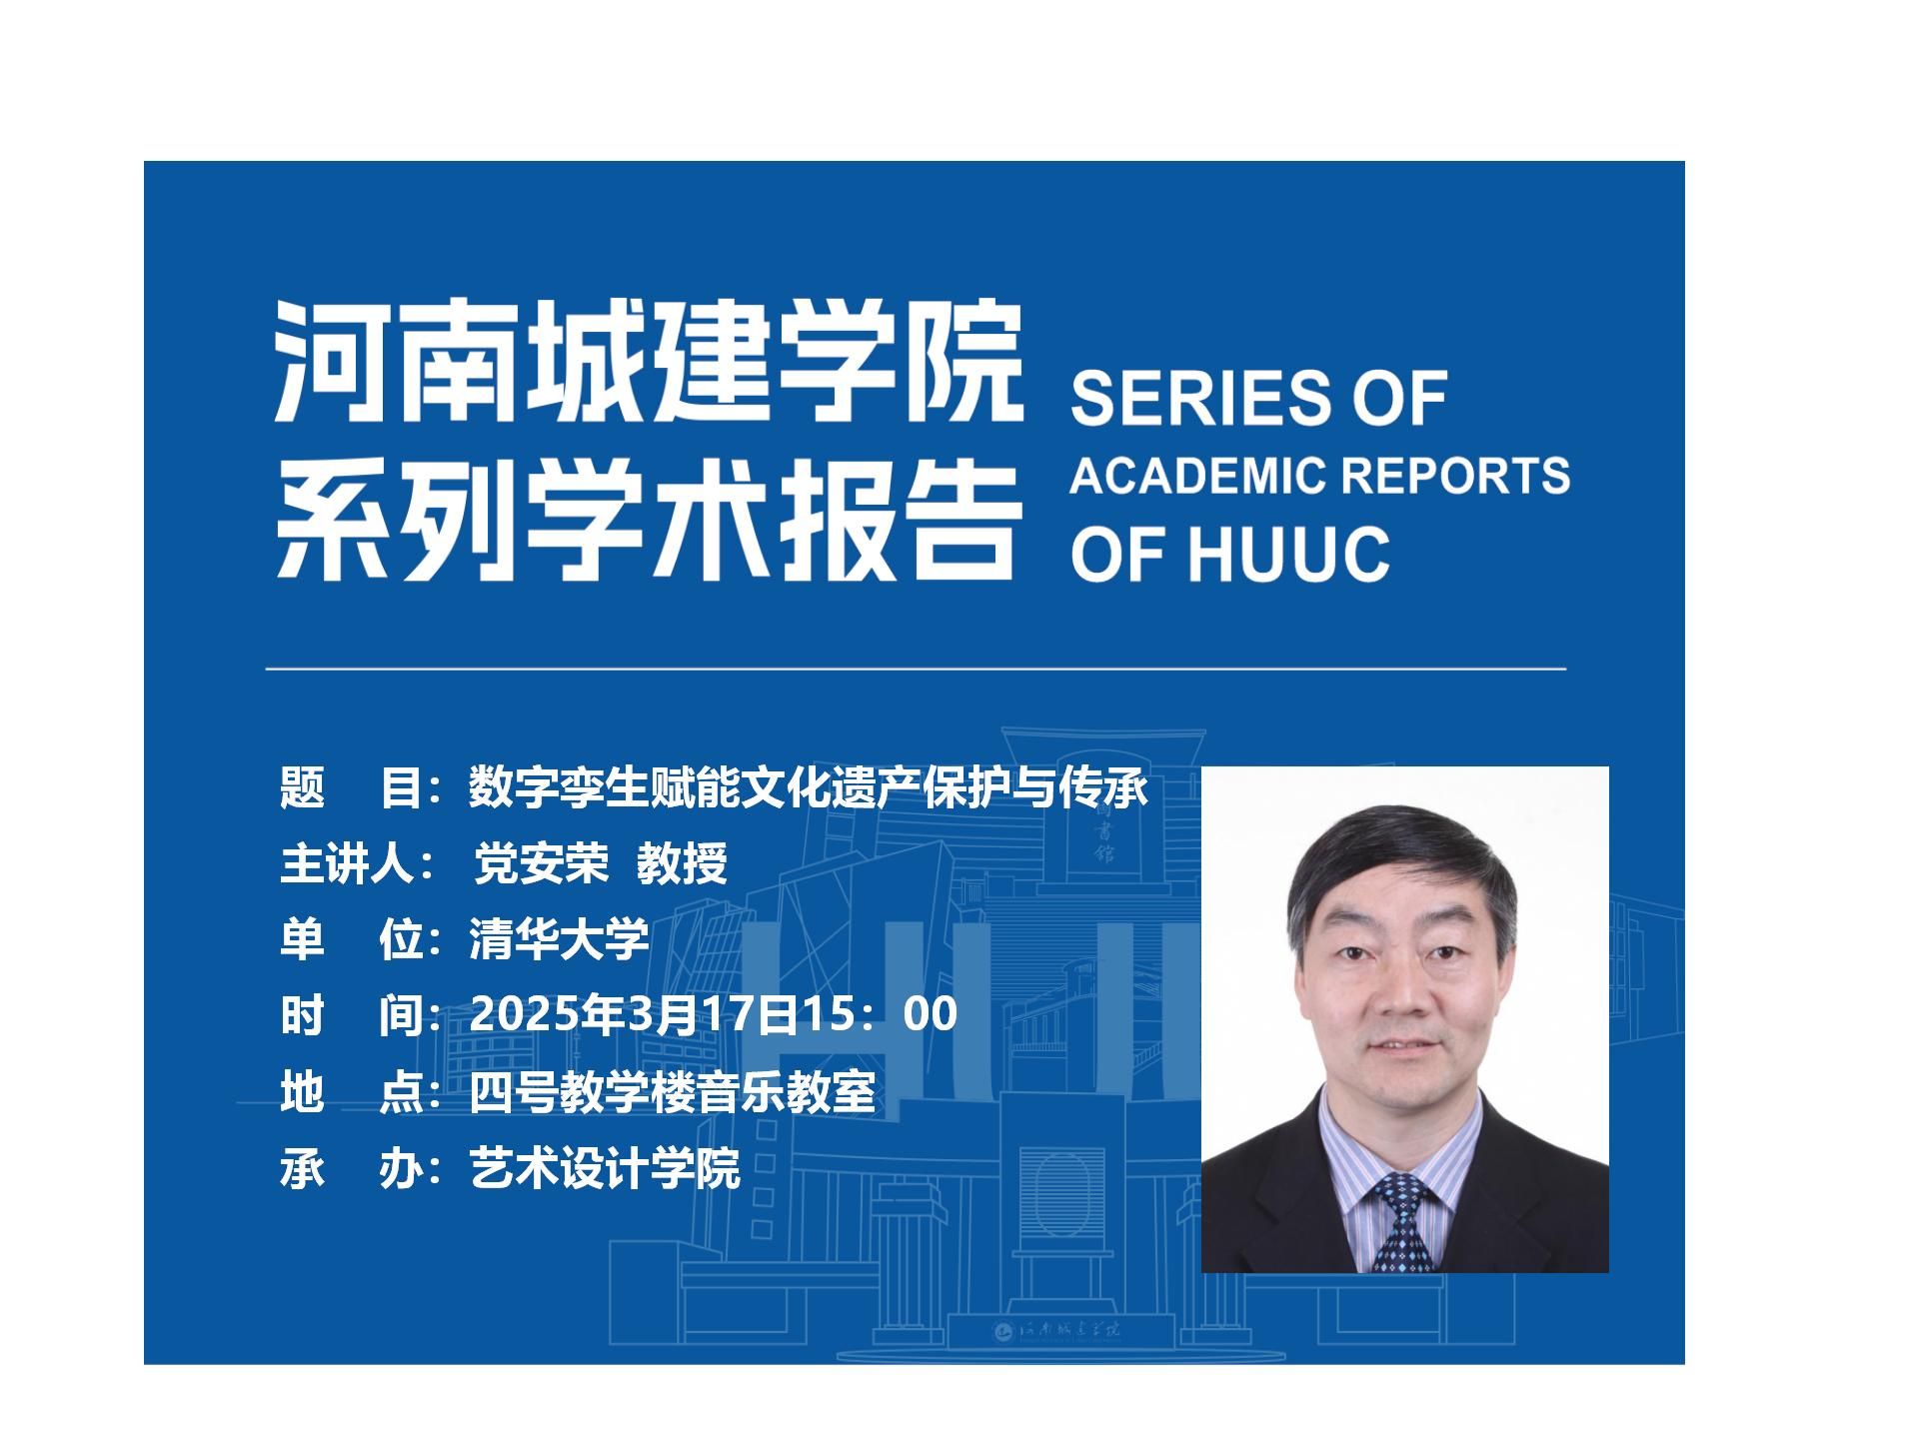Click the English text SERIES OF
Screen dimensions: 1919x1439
pos(1259,398)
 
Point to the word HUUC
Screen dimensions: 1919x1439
pos(1289,555)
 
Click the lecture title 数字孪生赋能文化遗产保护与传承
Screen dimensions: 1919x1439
pos(809,787)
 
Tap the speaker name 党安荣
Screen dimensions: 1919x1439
pos(541,863)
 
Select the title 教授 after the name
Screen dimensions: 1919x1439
pos(683,863)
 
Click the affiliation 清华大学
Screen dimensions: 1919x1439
pos(559,938)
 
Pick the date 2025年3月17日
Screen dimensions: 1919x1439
pos(633,1013)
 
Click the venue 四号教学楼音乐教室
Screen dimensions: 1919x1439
pos(672,1091)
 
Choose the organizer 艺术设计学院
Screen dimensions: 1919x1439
pos(605,1167)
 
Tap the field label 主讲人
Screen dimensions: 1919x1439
pos(347,863)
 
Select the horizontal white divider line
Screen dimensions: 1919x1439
pos(916,668)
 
